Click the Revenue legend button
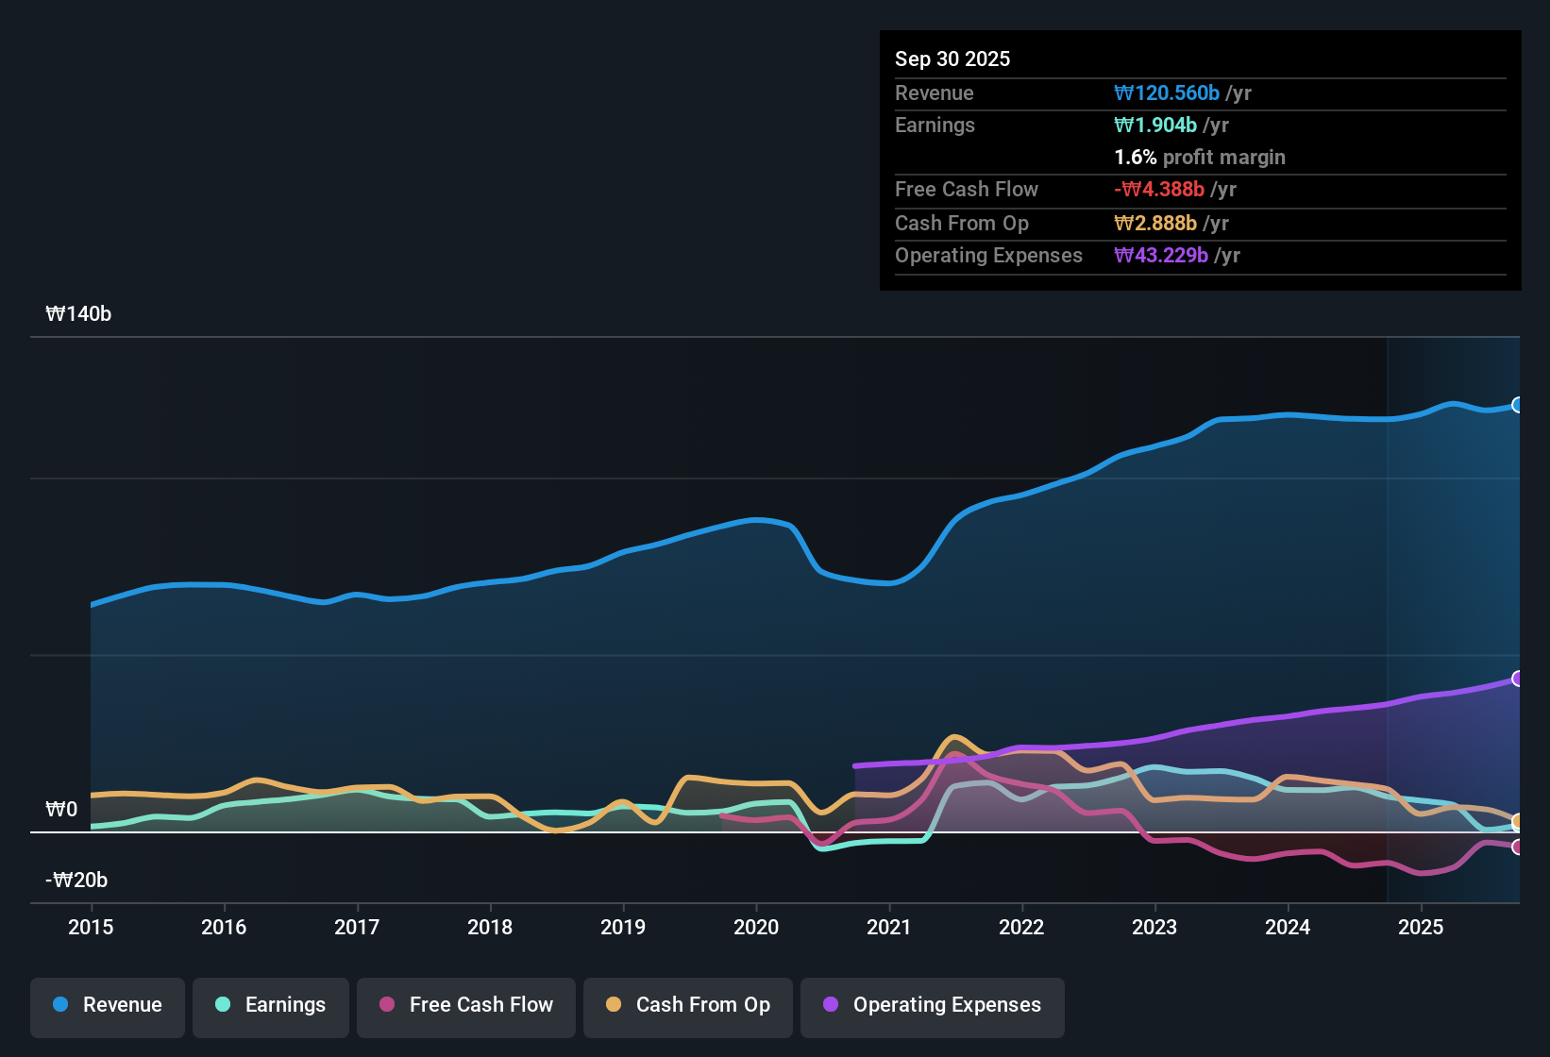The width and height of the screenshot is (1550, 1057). pyautogui.click(x=108, y=1005)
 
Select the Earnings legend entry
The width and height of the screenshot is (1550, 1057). pyautogui.click(x=271, y=1005)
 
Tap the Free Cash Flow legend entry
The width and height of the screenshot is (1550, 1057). pyautogui.click(x=466, y=1005)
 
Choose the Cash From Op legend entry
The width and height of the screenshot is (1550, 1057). pyautogui.click(x=688, y=1005)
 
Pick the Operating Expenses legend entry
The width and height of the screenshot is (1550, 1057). pyautogui.click(x=933, y=1005)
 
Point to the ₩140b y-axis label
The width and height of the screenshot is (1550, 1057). pyautogui.click(x=78, y=314)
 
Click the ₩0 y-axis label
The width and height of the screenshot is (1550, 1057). pyautogui.click(x=61, y=810)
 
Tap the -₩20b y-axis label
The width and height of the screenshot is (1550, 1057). pyautogui.click(x=76, y=881)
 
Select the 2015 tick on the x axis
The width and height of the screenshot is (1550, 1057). pyautogui.click(x=91, y=928)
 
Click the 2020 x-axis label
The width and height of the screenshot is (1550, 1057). pyautogui.click(x=756, y=928)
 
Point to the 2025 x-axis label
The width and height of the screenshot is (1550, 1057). pyautogui.click(x=1421, y=928)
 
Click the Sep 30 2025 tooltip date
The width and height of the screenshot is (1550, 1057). pyautogui.click(x=952, y=59)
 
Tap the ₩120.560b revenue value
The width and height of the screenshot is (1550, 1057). pyautogui.click(x=1167, y=93)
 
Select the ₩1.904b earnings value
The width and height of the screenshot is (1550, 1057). pyautogui.click(x=1155, y=126)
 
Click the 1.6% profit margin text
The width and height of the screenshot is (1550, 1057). pyautogui.click(x=1200, y=158)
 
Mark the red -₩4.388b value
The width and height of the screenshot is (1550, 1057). pyautogui.click(x=1159, y=190)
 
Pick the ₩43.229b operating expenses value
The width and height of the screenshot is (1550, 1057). pyautogui.click(x=1161, y=256)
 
